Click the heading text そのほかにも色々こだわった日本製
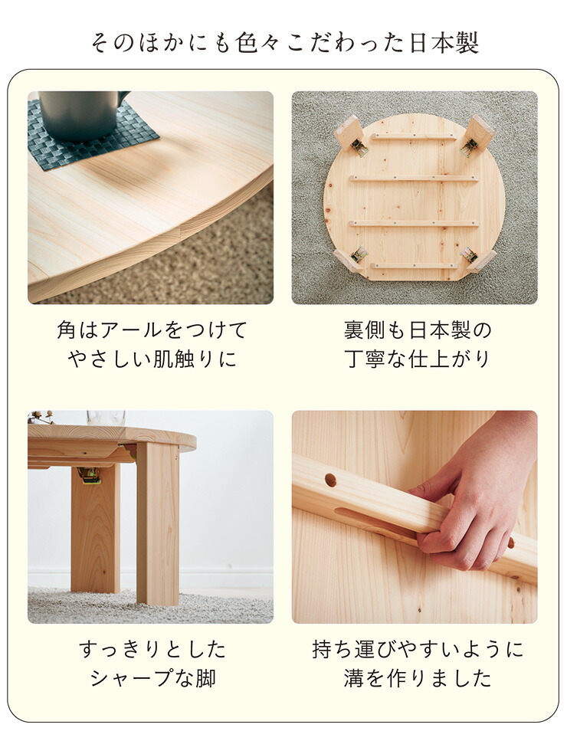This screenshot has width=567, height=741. click(283, 42)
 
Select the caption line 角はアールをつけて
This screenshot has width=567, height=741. click(152, 330)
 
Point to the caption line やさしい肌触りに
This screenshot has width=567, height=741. click(152, 359)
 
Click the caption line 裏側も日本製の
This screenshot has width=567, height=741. click(418, 330)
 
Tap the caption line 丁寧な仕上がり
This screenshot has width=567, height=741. click(418, 359)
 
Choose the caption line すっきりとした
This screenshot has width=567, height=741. click(152, 650)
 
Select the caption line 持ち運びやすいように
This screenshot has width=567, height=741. click(418, 650)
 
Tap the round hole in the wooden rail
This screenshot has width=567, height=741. click(330, 480)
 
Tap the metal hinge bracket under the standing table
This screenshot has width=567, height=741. click(89, 475)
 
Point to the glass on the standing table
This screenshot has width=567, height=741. click(106, 418)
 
